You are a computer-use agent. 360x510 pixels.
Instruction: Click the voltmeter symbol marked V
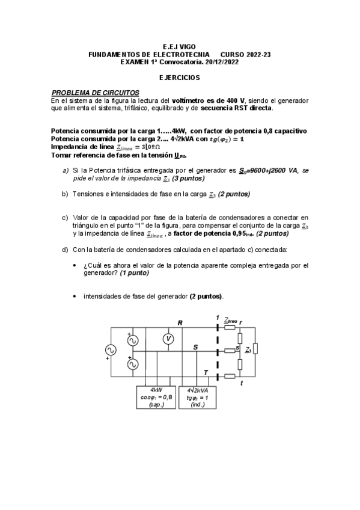point(169,339)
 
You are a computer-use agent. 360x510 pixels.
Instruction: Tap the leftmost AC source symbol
point(111,350)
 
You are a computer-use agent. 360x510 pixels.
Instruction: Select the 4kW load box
point(156,397)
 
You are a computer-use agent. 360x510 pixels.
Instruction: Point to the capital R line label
point(180,323)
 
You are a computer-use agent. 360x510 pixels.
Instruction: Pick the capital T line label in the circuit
point(206,372)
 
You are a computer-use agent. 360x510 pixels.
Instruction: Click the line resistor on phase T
point(230,376)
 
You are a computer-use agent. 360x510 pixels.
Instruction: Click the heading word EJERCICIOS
point(180,78)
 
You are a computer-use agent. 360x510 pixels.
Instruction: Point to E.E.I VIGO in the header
point(179,46)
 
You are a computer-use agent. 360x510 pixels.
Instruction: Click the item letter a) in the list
point(66,171)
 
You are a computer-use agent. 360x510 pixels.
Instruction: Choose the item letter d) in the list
point(66,249)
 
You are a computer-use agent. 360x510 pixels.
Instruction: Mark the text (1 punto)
point(135,272)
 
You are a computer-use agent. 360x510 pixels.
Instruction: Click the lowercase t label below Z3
point(241,384)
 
